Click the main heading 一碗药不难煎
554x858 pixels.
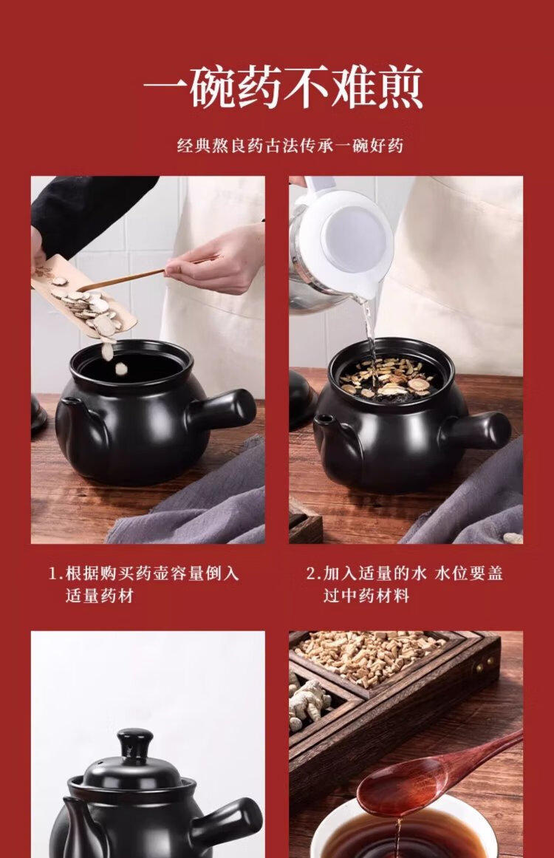click(283, 88)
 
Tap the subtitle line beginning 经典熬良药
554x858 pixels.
click(290, 146)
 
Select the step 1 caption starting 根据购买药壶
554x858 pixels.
click(144, 584)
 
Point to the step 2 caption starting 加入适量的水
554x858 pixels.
click(404, 584)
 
